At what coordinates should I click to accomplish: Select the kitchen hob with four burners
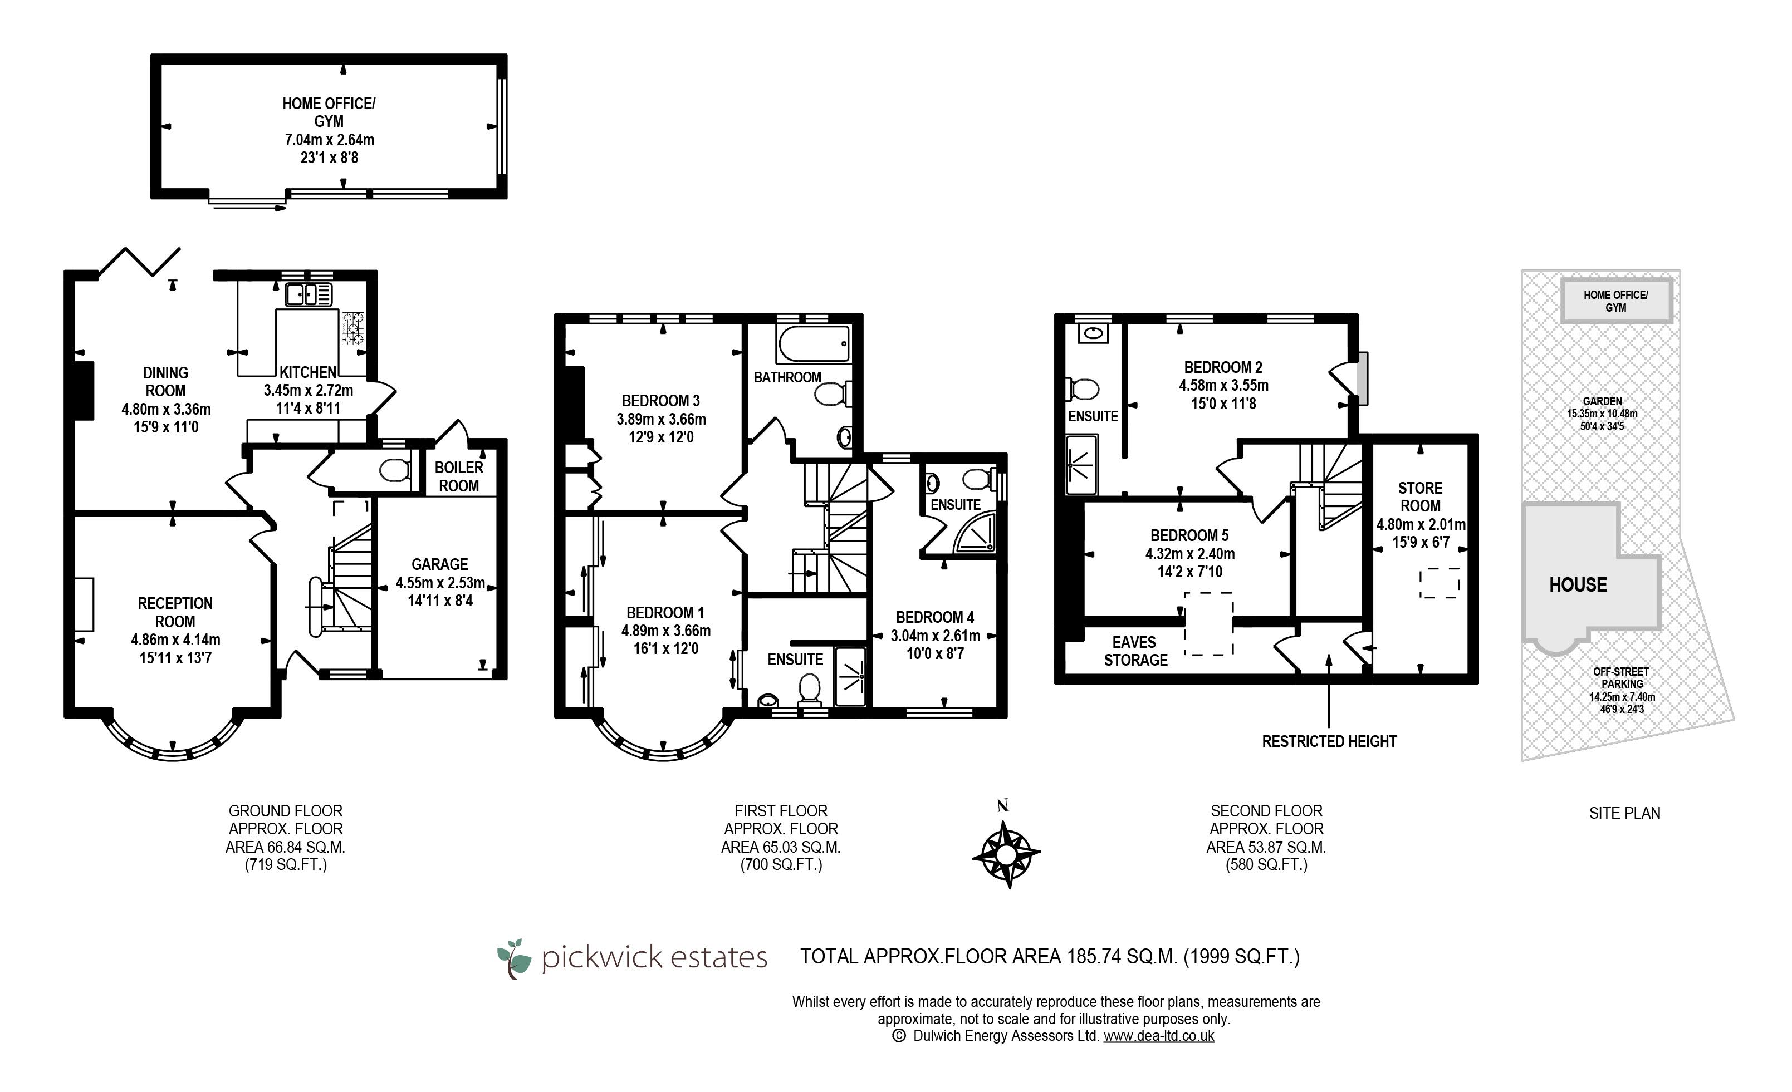tap(354, 328)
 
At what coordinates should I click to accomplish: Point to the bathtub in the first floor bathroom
tap(813, 344)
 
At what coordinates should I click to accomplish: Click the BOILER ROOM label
tap(459, 476)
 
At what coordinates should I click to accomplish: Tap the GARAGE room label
tap(439, 564)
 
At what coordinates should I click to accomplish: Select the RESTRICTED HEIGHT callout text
tap(1329, 741)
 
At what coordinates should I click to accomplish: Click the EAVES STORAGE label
tap(1135, 651)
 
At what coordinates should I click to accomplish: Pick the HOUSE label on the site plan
tap(1578, 584)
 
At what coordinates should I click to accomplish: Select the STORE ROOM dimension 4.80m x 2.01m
tap(1421, 524)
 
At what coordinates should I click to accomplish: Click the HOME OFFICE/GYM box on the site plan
tap(1616, 301)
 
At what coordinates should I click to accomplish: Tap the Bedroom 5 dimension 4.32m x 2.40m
tap(1190, 553)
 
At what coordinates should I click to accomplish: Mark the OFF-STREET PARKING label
tap(1622, 677)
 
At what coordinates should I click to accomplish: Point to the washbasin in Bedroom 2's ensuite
tap(1093, 333)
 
